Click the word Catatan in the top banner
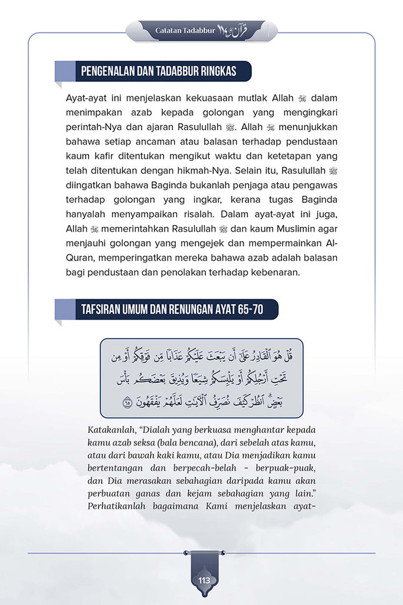point(169,29)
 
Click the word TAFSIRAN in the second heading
point(101,309)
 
